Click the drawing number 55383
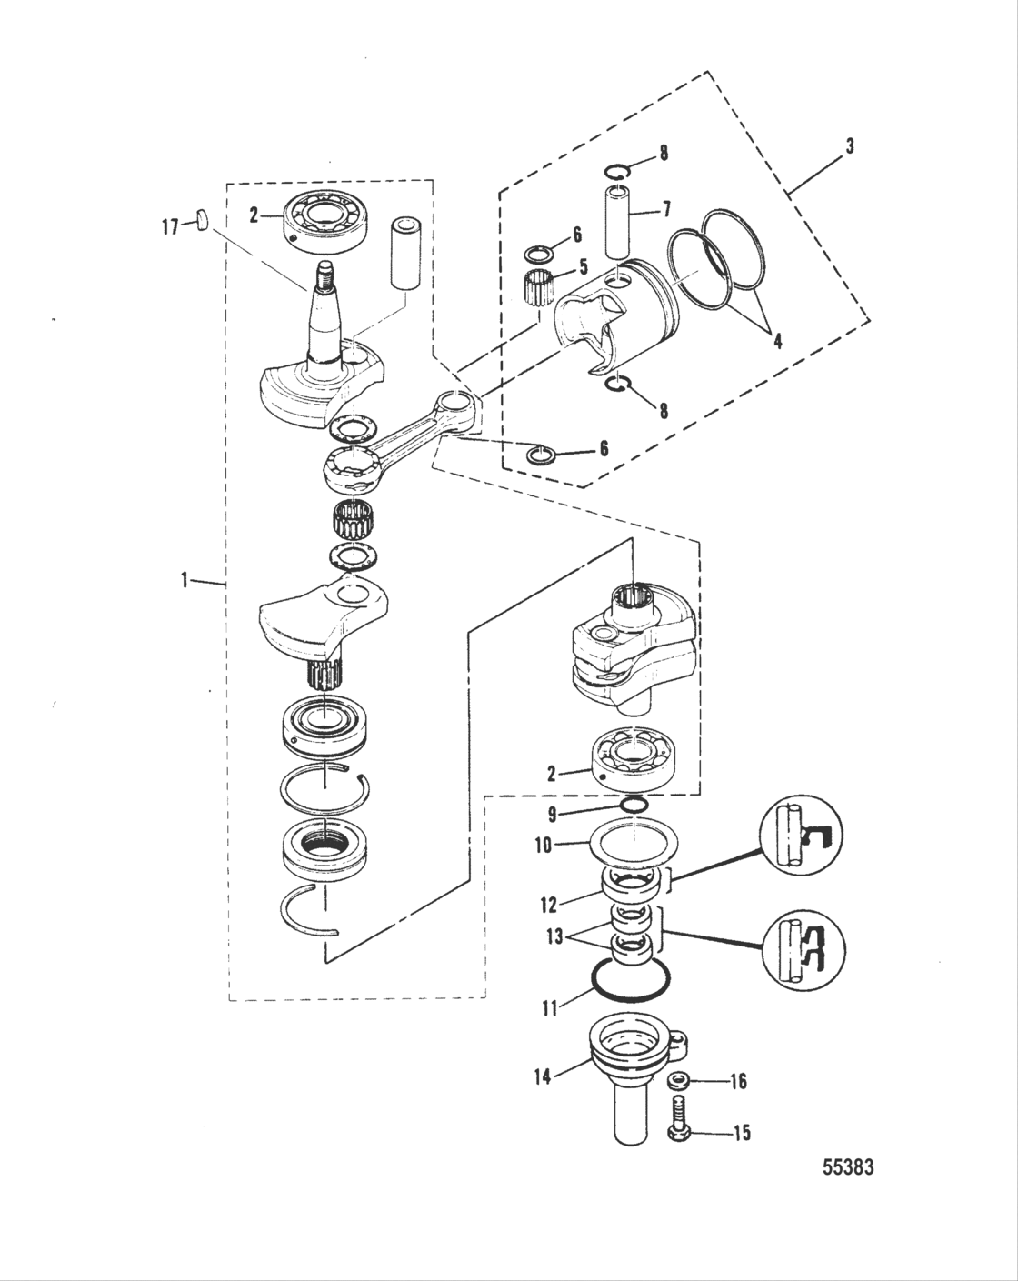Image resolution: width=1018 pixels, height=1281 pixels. [x=847, y=1167]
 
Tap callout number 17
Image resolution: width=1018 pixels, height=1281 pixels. [x=170, y=227]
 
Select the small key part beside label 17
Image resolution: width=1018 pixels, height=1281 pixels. [x=202, y=219]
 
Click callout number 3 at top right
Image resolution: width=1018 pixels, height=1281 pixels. [x=849, y=146]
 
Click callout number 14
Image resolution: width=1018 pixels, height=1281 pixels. [x=542, y=1079]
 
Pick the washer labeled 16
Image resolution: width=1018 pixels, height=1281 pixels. [x=675, y=1080]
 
